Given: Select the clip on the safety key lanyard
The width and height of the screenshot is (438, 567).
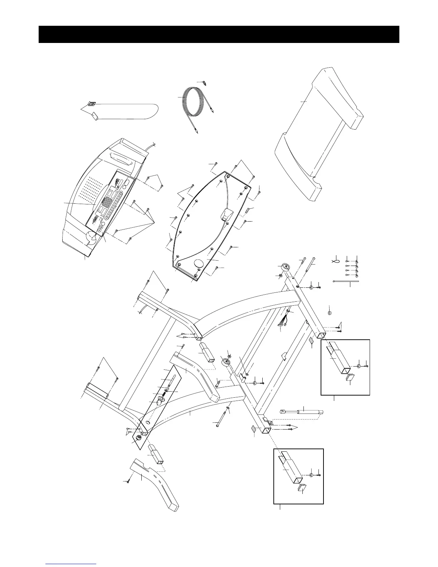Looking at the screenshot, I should coord(92,104).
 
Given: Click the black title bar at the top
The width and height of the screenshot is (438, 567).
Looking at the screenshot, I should coord(219,34).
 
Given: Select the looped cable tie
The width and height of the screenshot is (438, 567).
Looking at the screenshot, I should coord(336,261).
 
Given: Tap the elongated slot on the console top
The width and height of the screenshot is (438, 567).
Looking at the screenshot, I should coord(121,158).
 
